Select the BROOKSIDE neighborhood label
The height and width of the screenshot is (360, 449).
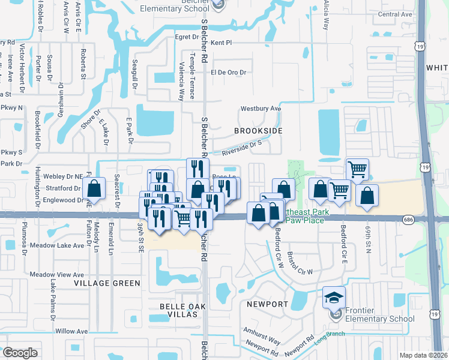(x=258, y=130)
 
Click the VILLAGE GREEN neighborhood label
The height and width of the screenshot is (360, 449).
(x=107, y=283)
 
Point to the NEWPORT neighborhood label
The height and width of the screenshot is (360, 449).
(x=267, y=304)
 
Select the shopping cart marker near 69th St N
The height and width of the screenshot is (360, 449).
(x=357, y=169)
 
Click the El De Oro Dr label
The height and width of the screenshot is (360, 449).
(x=228, y=72)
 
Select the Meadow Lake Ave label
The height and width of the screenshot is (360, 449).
(x=57, y=245)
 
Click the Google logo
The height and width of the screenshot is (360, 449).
(x=20, y=352)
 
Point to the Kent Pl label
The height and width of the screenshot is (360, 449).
(x=221, y=43)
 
